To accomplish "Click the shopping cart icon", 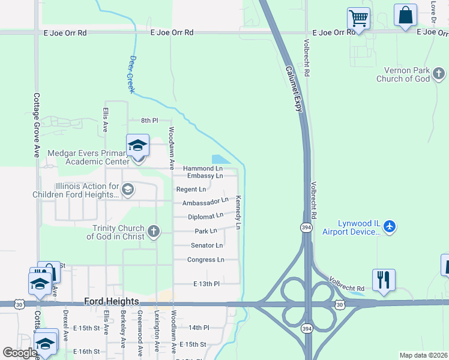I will point(358,18).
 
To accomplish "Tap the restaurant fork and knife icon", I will point(384,280).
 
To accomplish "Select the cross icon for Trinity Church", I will point(154,232).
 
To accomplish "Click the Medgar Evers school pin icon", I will point(137,146).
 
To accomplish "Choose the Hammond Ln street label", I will point(203,169).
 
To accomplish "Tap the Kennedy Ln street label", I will point(238,212).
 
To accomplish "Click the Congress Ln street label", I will point(205,260).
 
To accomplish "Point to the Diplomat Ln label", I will point(205,216).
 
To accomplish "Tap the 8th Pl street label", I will point(148,121).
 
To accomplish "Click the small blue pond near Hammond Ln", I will point(220,159).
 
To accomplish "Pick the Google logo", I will point(19,353).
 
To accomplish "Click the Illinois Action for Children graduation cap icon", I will point(127,190).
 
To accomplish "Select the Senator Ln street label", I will point(206,245).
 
